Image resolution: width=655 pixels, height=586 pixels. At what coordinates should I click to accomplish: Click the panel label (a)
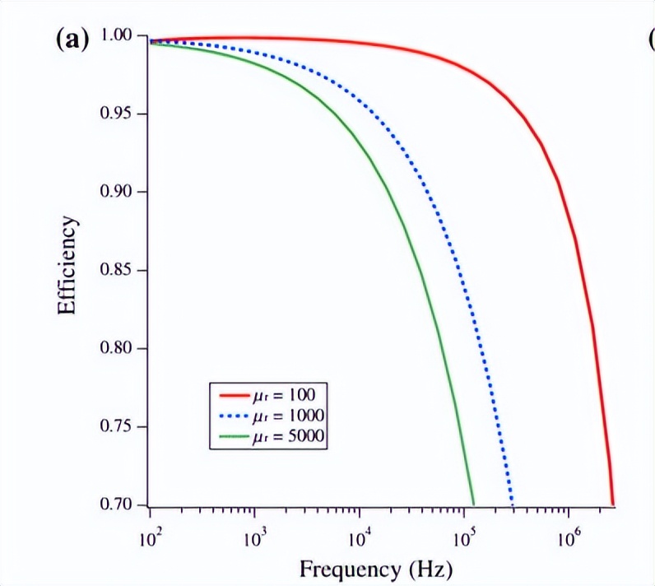tap(72, 40)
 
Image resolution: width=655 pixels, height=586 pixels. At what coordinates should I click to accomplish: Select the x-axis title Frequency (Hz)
tap(376, 568)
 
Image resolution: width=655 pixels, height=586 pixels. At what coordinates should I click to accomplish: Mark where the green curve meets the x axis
tap(474, 504)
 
